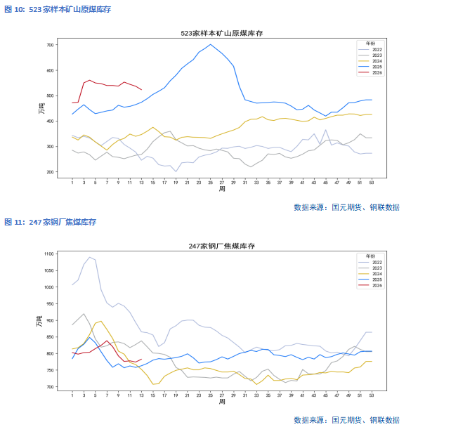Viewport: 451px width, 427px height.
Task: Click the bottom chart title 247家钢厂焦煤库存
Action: [221, 246]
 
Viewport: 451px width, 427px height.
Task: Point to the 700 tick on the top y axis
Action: [49, 45]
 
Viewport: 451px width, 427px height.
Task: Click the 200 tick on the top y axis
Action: [49, 172]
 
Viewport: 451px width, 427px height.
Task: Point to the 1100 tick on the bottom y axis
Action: [48, 254]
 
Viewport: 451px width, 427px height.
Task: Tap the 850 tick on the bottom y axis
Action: [49, 337]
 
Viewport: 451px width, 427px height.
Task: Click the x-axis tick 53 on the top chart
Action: [372, 182]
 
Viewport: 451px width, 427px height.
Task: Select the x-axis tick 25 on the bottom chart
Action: [210, 395]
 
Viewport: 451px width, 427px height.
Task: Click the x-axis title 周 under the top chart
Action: [221, 189]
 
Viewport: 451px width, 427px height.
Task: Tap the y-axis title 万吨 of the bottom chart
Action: [40, 320]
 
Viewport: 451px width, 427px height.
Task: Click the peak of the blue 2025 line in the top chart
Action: [210, 44]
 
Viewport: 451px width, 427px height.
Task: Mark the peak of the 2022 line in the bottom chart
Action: [89, 257]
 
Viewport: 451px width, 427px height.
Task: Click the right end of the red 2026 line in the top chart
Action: [142, 89]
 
